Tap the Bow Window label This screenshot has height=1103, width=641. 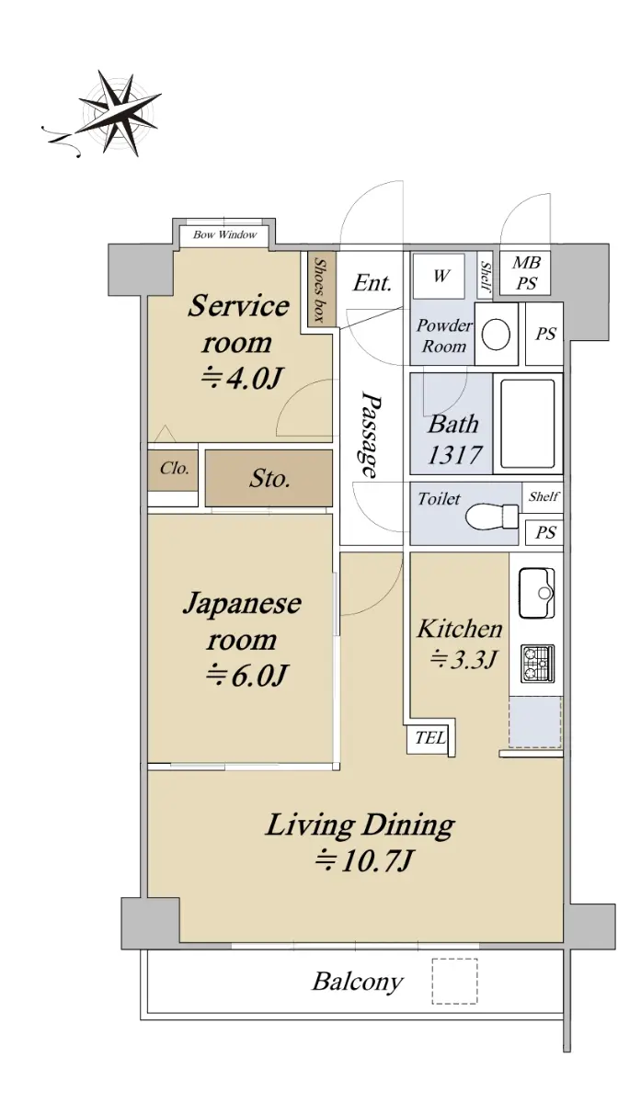[224, 235]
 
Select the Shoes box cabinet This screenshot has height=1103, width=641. [322, 289]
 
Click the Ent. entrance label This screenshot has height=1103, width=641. [372, 284]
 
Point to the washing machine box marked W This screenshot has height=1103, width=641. [439, 276]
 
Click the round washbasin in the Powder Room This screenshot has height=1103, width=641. [496, 335]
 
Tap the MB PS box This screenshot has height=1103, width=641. [525, 273]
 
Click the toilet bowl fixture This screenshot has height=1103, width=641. [491, 516]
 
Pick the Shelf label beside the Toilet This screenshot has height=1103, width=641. [544, 496]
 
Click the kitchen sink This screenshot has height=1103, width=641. [536, 593]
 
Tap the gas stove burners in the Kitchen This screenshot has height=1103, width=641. [537, 663]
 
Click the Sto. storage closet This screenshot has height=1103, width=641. [269, 478]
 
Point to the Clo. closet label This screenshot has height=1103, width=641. [175, 468]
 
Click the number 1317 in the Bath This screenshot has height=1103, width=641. [453, 454]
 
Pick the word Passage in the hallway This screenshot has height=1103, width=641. [371, 434]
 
